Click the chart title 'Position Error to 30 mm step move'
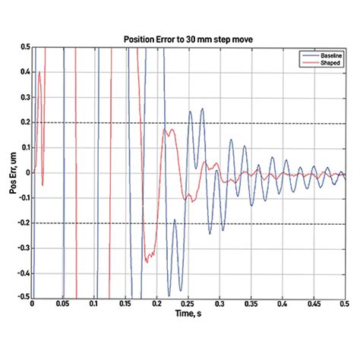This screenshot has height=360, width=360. click(188, 39)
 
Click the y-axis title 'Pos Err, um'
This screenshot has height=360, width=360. click(13, 173)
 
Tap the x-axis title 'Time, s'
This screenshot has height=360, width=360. click(188, 314)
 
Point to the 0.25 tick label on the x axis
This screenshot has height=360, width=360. click(189, 304)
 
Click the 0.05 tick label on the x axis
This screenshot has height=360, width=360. click(62, 304)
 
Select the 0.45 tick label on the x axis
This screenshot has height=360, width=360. click(314, 304)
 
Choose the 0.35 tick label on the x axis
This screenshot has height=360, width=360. click(251, 304)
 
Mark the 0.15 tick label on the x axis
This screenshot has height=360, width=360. click(125, 304)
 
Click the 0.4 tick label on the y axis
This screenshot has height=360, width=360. click(25, 72)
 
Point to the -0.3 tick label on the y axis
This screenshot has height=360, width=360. click(24, 248)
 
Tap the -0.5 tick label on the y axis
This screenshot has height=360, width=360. click(24, 296)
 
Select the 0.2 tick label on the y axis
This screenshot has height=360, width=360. click(25, 122)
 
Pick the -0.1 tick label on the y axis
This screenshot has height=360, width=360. click(24, 198)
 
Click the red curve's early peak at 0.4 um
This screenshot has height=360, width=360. click(39, 72)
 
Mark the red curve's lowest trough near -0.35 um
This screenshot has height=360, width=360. click(147, 262)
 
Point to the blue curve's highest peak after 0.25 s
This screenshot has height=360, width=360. click(202, 109)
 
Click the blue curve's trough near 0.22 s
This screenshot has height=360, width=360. click(169, 295)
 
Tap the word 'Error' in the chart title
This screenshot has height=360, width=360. click(165, 39)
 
